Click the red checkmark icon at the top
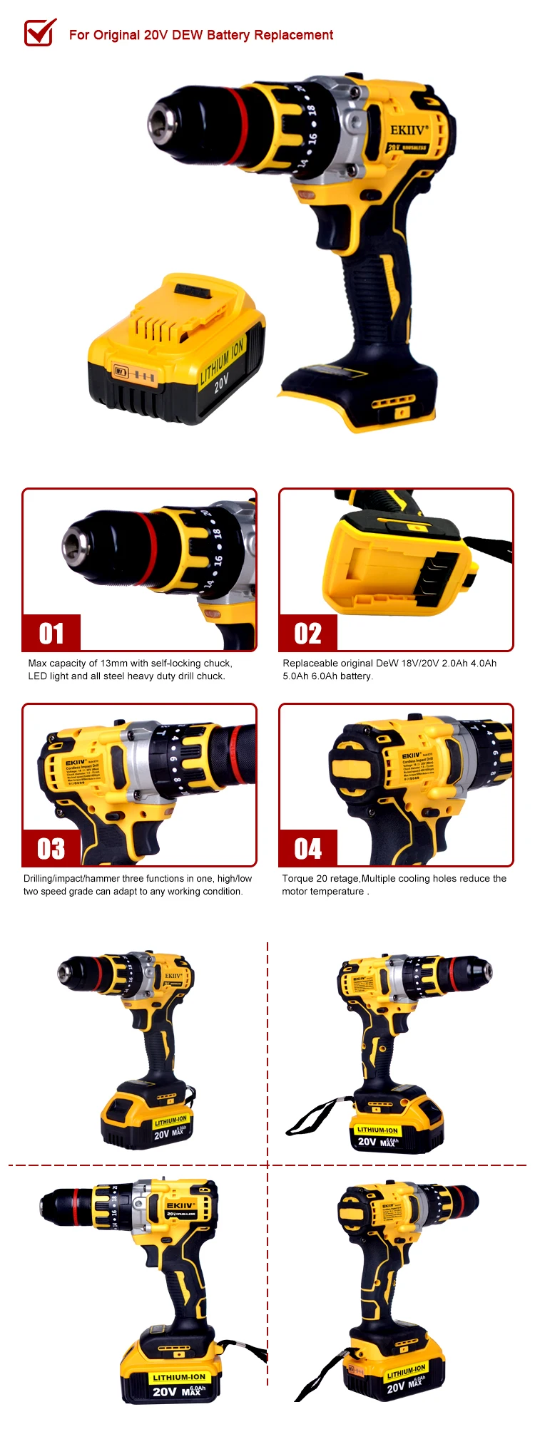(x=40, y=32)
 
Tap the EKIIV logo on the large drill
(x=409, y=130)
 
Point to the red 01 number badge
(x=51, y=633)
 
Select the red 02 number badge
(x=308, y=633)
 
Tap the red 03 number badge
(x=51, y=848)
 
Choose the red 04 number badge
(x=308, y=848)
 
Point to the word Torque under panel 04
(x=297, y=878)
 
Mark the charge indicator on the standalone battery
(x=119, y=371)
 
